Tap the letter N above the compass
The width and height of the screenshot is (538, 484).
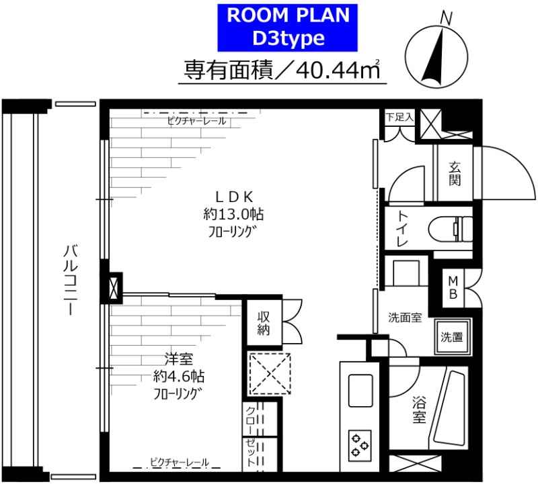tap(445, 19)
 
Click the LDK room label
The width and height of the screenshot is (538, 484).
tap(233, 197)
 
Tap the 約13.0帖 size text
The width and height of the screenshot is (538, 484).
tap(233, 215)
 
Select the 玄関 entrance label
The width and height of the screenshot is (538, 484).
tap(455, 173)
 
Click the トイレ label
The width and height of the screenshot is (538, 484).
tap(401, 231)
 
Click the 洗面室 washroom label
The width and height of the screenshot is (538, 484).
tap(405, 318)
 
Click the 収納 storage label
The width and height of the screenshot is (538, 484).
tap(262, 322)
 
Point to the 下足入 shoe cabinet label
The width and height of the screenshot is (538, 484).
tap(399, 117)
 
